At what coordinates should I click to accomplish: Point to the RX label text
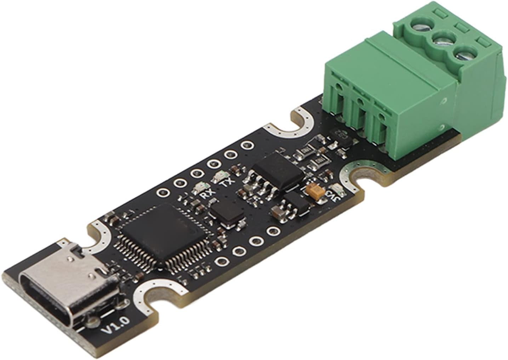(x=205, y=195)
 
